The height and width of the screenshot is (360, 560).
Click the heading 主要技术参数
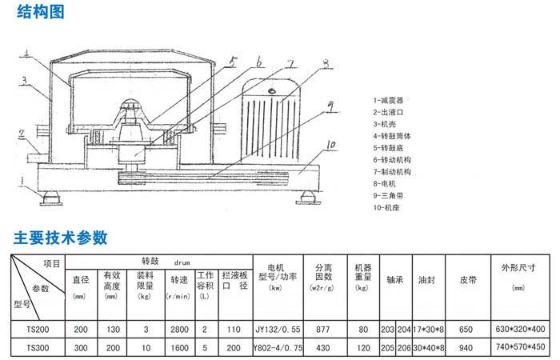pyautogui.click(x=61, y=238)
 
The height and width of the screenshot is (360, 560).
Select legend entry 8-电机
pyautogui.click(x=386, y=182)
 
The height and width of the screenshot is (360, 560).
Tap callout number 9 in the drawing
pyautogui.click(x=330, y=103)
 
